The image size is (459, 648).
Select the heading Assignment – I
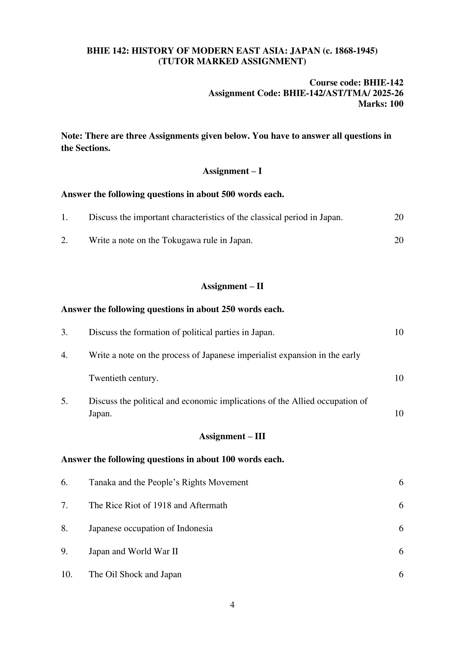pos(232,171)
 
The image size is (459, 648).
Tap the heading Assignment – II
pos(232,286)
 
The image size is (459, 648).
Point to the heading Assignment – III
pos(232,436)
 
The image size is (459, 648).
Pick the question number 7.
pos(64,505)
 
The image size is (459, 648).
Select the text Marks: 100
pos(380,104)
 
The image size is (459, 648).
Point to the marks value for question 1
pos(399,217)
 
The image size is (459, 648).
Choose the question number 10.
pos(67,574)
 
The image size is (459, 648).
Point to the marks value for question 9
pos(401,551)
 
